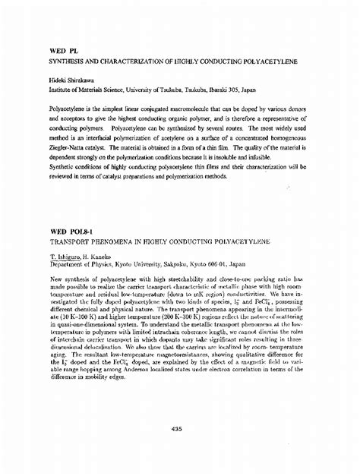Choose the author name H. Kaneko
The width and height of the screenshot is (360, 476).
(x=90, y=257)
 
